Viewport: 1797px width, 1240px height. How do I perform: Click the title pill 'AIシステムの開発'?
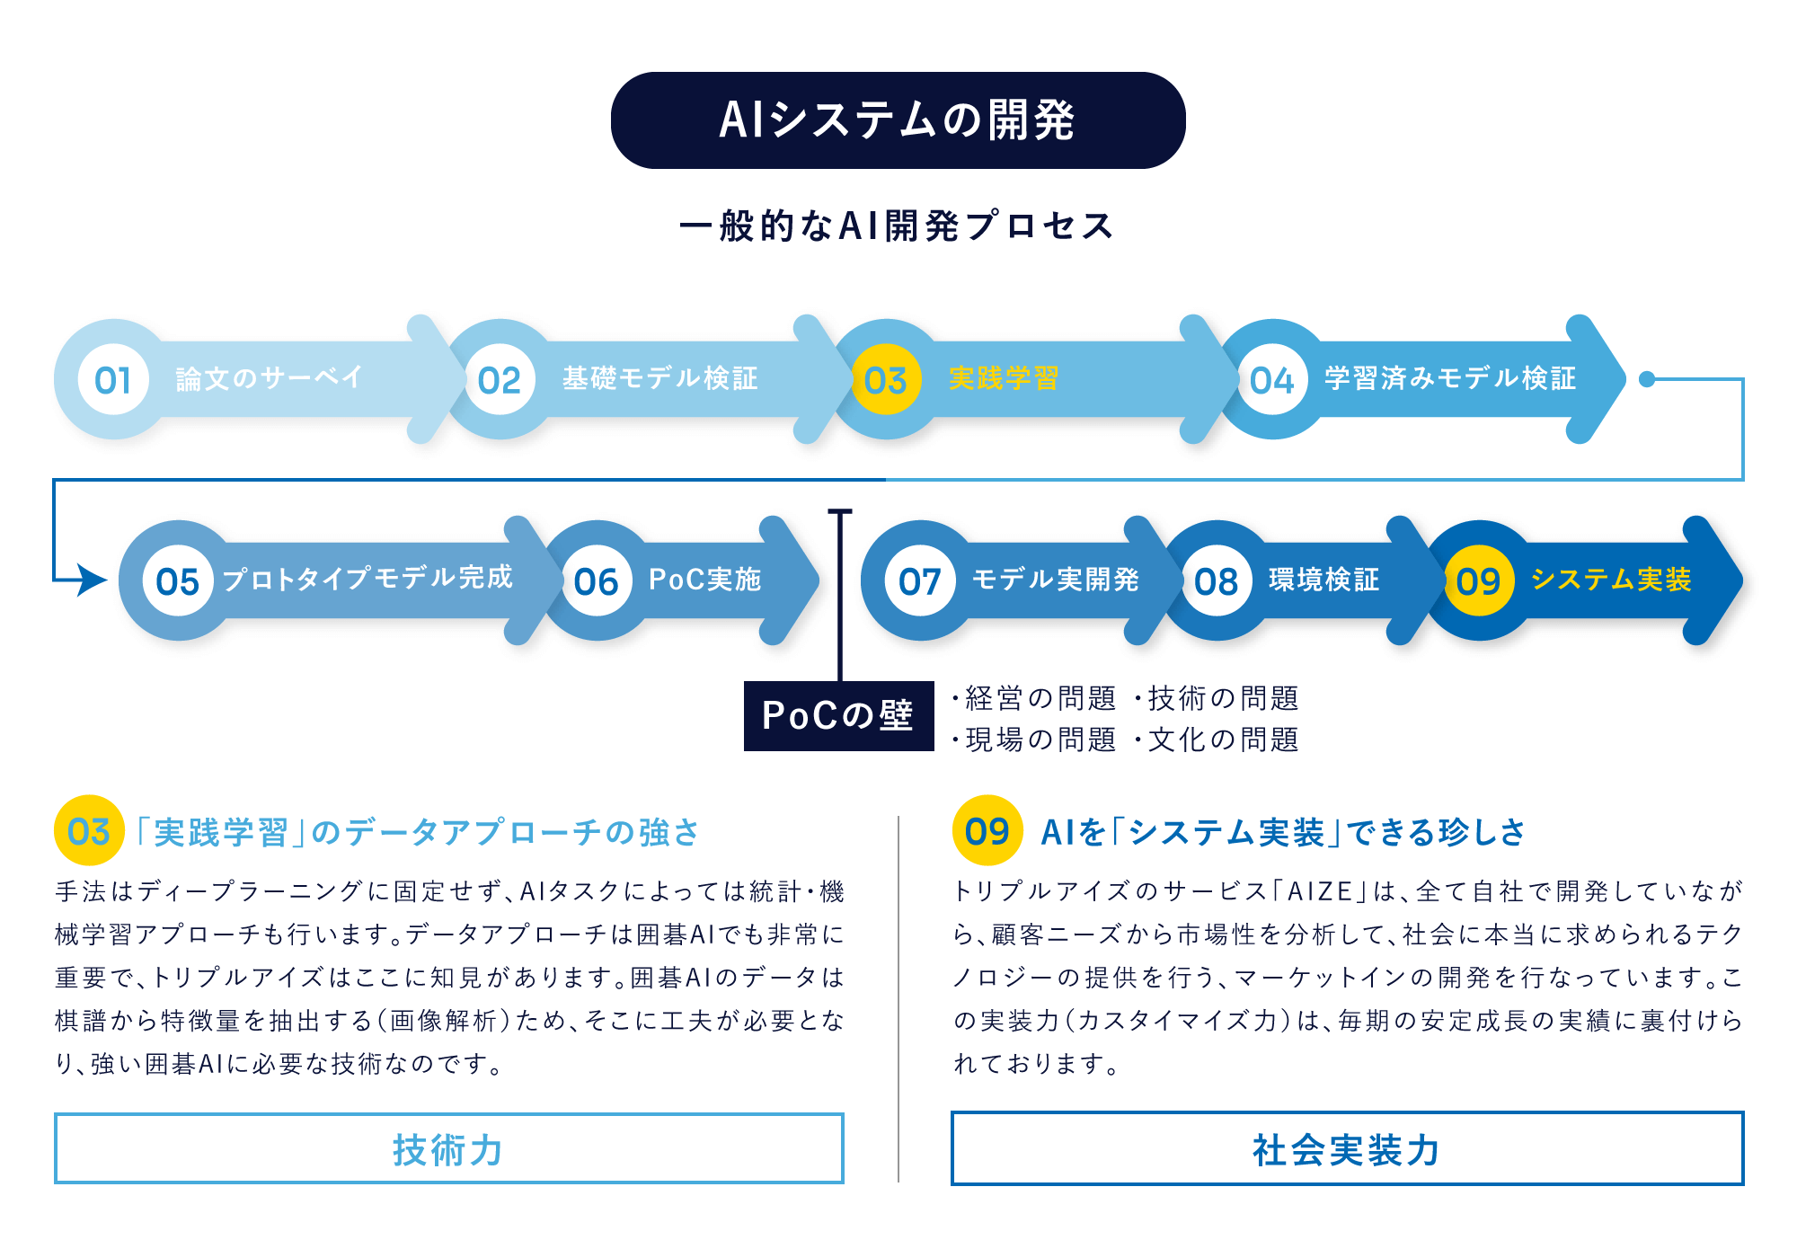coord(898,120)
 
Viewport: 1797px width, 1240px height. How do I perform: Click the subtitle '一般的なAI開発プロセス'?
coord(897,226)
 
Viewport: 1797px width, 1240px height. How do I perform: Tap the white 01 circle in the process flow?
coord(113,379)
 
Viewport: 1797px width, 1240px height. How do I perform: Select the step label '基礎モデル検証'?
coord(660,378)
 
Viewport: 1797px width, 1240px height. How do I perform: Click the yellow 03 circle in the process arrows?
coord(886,379)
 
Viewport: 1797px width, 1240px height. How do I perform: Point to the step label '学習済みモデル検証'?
coord(1450,378)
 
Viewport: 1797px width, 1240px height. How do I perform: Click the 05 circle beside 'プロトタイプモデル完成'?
coord(178,580)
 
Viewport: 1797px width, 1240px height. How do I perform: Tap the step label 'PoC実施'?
coord(705,580)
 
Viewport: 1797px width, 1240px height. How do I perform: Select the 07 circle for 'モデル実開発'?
coord(920,580)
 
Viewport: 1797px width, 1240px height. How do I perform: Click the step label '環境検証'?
coord(1323,580)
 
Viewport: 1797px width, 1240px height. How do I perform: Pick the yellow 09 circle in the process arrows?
coord(1479,580)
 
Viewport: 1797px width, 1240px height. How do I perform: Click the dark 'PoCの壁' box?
coord(838,716)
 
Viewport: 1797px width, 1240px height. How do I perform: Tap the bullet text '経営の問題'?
coord(1034,698)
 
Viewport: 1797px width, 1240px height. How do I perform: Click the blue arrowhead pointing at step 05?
coord(93,580)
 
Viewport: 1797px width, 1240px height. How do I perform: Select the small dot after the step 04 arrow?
coord(1647,379)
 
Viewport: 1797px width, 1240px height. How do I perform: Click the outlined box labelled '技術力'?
coord(448,1148)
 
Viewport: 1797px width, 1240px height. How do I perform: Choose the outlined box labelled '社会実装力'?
coord(1347,1148)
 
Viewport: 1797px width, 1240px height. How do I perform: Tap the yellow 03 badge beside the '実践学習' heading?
coord(89,830)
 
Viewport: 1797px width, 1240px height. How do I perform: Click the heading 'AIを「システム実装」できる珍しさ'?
coord(1283,832)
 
